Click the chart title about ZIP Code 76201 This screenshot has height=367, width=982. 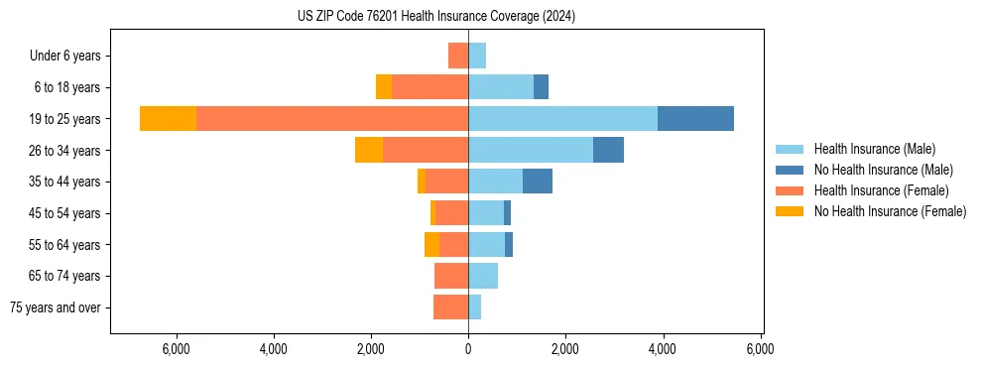point(436,17)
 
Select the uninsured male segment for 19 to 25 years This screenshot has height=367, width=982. point(695,119)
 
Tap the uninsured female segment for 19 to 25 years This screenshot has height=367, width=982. point(168,119)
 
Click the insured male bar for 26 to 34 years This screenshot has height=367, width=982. point(531,150)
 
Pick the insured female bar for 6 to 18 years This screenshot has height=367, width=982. point(430,87)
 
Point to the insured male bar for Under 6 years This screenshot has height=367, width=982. point(477,56)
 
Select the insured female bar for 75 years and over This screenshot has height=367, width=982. point(450,307)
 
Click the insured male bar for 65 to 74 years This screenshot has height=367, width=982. point(483,276)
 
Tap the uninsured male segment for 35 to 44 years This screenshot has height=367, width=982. point(538,182)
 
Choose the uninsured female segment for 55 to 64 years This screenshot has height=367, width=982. point(431,244)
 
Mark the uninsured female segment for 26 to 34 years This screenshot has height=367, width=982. point(369,150)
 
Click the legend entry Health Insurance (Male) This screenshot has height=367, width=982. point(874,149)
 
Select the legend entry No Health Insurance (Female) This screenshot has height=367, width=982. point(890,211)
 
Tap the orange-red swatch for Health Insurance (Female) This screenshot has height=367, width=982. point(790,190)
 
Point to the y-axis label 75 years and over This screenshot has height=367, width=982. point(56,307)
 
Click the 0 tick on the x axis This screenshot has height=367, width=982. point(468,349)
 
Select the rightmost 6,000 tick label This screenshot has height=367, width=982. point(760,349)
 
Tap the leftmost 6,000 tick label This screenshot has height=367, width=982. point(176,349)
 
